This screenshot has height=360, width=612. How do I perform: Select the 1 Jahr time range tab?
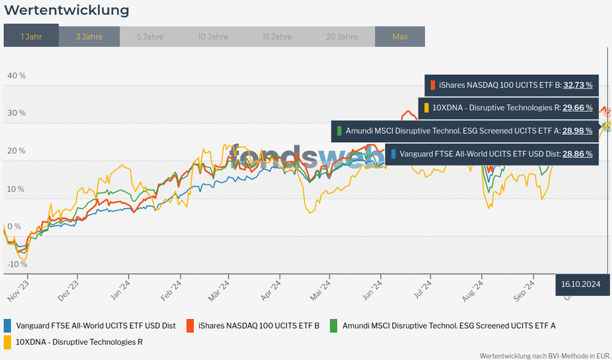(31, 37)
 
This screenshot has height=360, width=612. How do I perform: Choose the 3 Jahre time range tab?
(90, 37)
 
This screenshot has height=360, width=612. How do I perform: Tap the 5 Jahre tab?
(150, 37)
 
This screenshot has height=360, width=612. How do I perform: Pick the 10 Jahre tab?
(213, 37)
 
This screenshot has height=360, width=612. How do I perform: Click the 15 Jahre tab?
(277, 37)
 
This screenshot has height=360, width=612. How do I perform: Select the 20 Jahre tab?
(342, 37)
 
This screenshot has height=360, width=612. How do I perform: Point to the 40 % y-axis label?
(17, 75)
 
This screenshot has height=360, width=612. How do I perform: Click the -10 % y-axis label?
(17, 264)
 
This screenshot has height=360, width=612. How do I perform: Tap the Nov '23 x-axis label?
(19, 288)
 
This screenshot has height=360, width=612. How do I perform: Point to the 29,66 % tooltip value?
(577, 108)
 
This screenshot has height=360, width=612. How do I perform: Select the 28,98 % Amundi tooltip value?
(577, 131)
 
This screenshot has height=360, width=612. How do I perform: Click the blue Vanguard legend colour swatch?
(8, 326)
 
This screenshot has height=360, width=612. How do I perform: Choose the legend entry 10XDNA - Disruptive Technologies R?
(79, 342)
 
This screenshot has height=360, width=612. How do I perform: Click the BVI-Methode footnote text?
(545, 355)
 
